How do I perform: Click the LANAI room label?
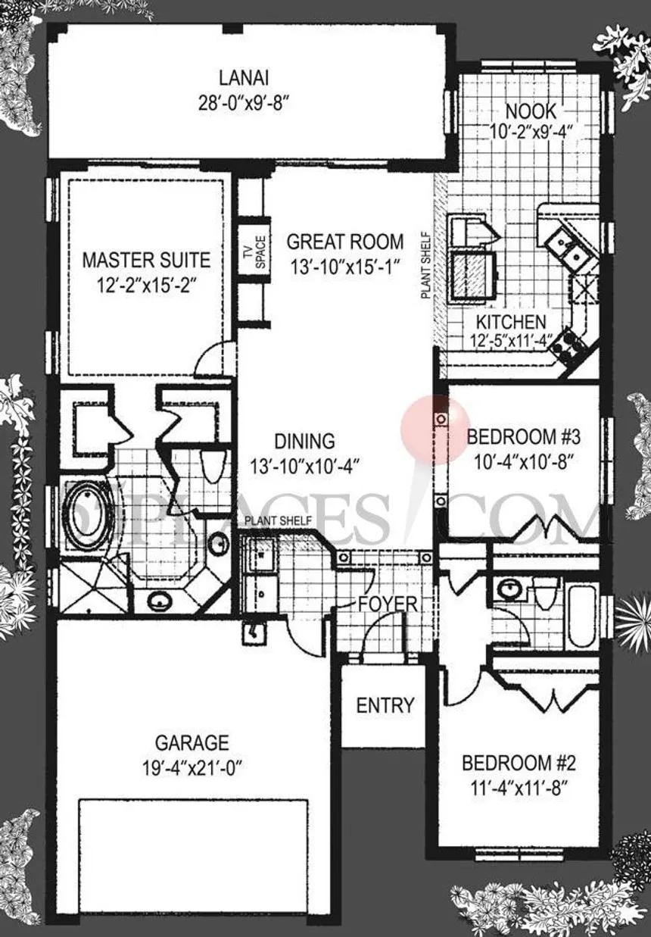244,78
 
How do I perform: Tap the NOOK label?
531,111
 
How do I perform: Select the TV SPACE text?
255,252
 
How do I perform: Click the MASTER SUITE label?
146,260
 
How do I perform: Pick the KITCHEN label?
511,322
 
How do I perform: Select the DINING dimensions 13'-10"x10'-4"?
304,467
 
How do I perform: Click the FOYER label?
388,604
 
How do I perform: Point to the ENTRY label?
385,705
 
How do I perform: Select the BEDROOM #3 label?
523,437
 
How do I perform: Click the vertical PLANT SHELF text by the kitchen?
426,265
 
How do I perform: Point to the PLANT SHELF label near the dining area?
278,521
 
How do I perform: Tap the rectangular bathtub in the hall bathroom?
581,614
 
